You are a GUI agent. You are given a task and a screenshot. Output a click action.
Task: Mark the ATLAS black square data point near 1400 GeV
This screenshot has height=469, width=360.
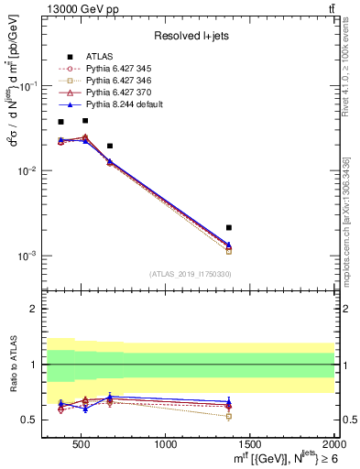229,227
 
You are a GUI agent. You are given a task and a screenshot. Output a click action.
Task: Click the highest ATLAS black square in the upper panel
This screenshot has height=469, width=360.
84,120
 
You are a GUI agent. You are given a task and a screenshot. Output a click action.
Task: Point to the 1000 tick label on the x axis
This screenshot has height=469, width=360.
167,444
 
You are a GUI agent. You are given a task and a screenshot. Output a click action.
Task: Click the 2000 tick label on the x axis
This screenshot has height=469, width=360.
333,444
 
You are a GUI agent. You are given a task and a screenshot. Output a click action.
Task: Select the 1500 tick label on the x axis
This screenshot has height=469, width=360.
250,444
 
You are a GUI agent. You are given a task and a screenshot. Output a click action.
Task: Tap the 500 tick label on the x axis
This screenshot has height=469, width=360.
82,444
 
